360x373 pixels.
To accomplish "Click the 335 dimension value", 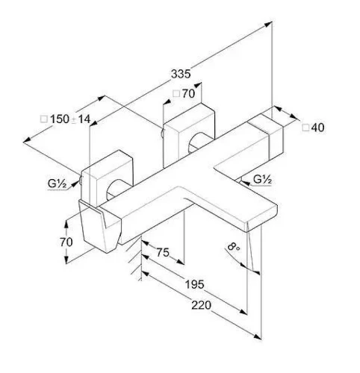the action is (181, 74).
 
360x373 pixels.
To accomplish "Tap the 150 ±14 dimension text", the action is (70, 119).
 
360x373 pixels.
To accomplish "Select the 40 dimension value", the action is (317, 128).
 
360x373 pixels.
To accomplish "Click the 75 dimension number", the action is (163, 252).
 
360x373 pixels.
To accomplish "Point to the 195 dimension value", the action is (194, 284).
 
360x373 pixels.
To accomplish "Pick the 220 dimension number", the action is (201, 305).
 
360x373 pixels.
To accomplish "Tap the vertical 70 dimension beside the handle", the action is (66, 242).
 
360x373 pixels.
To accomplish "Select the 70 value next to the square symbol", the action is (188, 94).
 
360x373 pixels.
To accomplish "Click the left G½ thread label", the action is (57, 184).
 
